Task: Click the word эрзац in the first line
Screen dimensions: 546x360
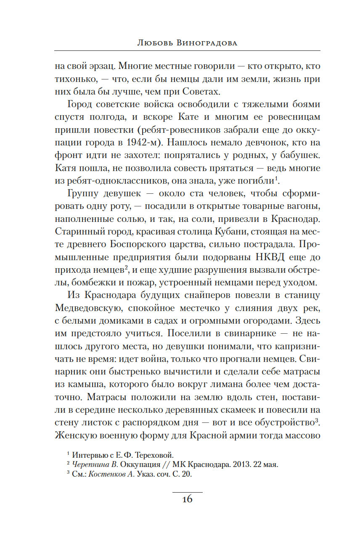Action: [x=100, y=66]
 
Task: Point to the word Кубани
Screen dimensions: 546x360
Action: [x=210, y=232]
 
